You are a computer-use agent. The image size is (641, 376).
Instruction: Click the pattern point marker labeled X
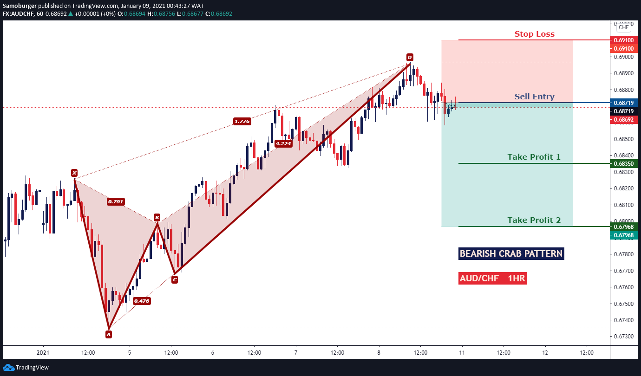[x=74, y=173]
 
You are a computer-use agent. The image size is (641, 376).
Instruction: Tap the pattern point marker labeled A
[x=108, y=334]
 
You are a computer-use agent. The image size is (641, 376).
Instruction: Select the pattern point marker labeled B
[x=157, y=218]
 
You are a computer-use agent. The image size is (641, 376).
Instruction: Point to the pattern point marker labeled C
[x=175, y=279]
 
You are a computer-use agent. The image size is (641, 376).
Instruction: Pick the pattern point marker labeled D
[x=410, y=57]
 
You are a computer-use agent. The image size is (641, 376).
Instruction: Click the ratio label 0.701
[x=116, y=201]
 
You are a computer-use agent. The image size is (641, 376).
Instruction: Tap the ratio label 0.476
[x=142, y=301]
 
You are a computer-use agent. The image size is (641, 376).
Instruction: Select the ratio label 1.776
[x=242, y=121]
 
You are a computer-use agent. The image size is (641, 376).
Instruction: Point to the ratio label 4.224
[x=283, y=143]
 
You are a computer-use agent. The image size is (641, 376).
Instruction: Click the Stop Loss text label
[x=535, y=34]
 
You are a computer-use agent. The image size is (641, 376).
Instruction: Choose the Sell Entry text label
[x=535, y=97]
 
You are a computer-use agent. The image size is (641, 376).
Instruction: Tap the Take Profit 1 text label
[x=534, y=157]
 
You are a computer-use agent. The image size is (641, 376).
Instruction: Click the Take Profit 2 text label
[x=534, y=220]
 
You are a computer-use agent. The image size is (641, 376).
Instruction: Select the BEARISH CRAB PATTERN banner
[x=511, y=253]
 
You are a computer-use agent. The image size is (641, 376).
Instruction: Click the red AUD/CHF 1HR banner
[x=492, y=278]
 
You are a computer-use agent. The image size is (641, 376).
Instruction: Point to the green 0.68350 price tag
[x=624, y=163]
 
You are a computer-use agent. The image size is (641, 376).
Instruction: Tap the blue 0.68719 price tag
[x=624, y=103]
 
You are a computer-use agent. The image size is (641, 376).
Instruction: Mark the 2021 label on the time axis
[x=43, y=352]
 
